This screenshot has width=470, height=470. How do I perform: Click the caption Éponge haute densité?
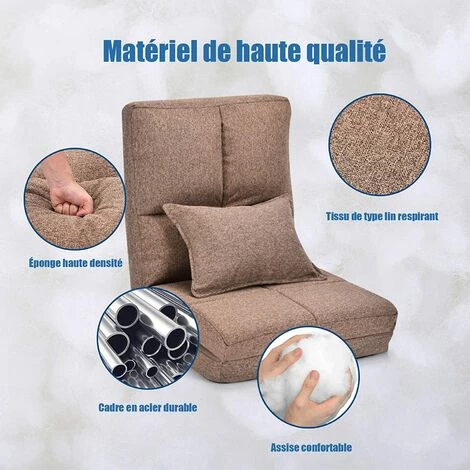pyautogui.click(x=76, y=263)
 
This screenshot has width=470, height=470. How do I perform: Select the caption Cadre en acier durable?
pyautogui.click(x=147, y=407)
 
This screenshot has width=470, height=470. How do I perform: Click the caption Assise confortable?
pyautogui.click(x=311, y=446)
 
